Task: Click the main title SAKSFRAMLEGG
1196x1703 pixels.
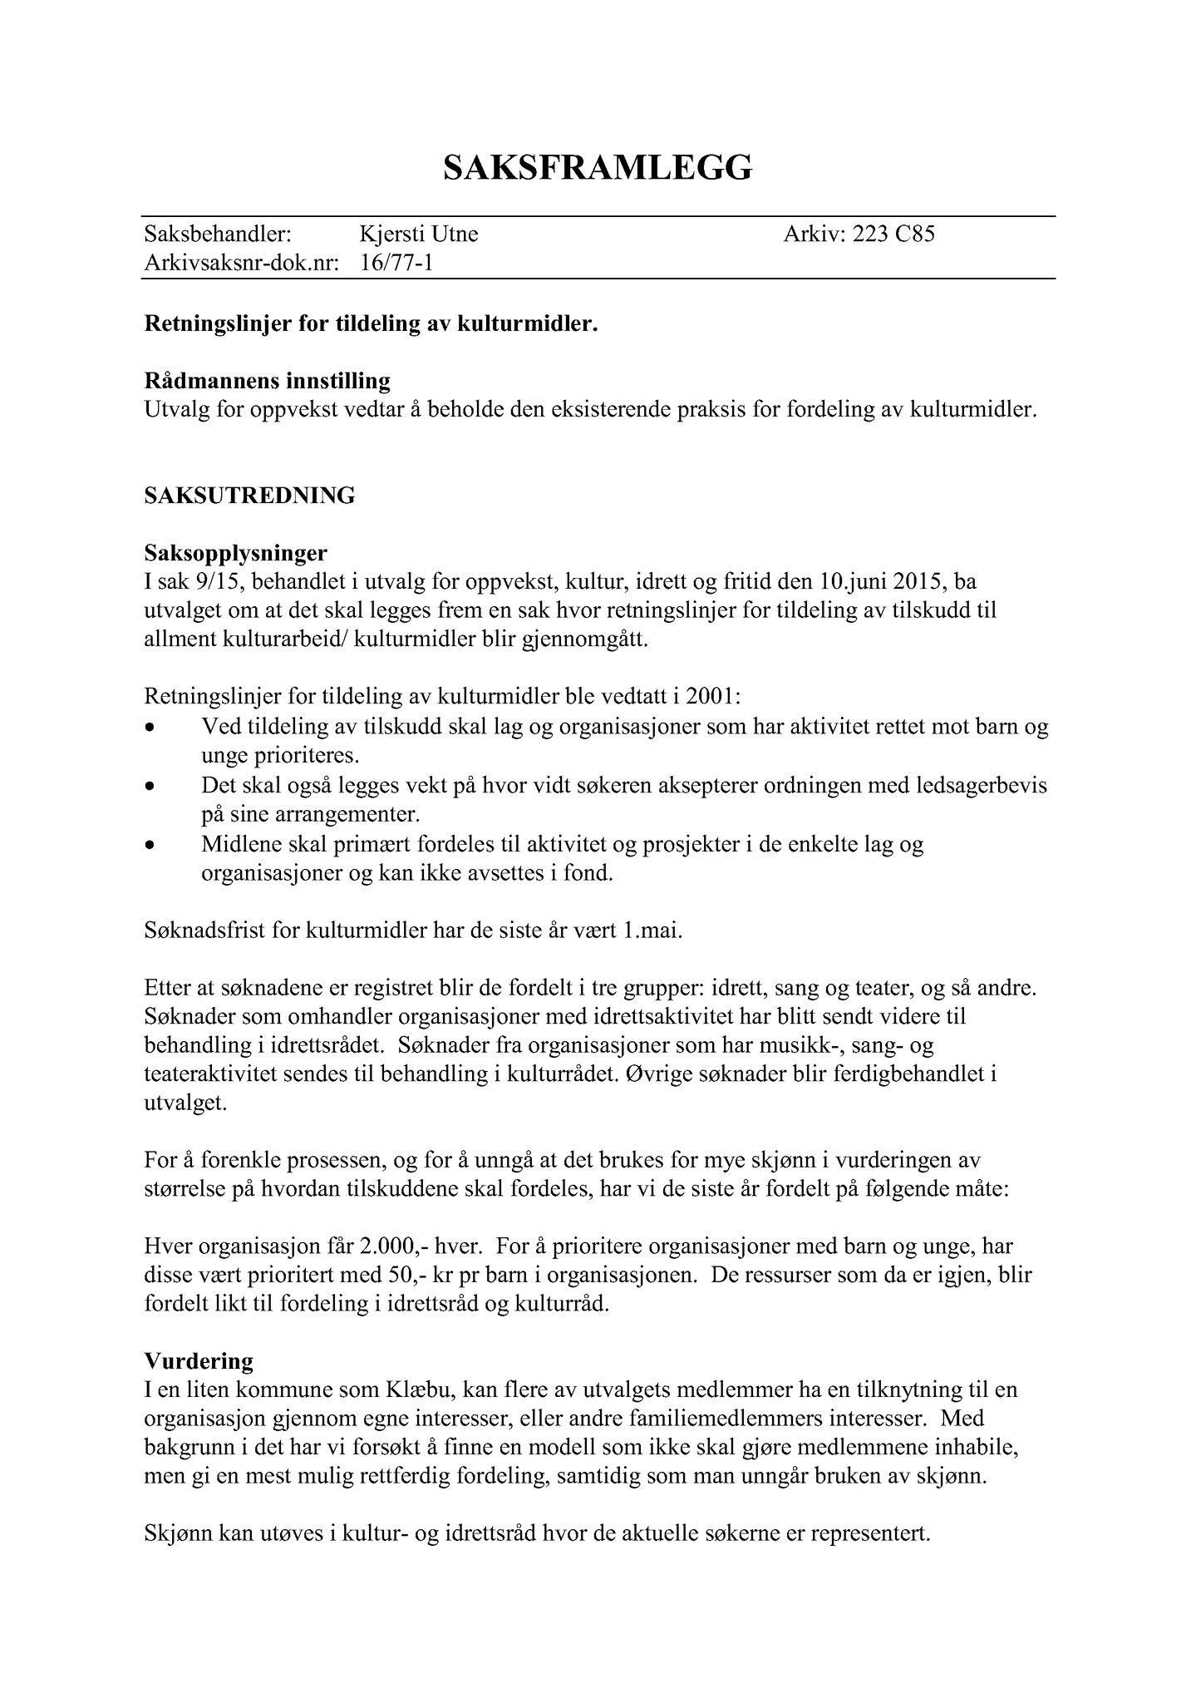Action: pyautogui.click(x=598, y=168)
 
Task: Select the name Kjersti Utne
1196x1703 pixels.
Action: pyautogui.click(x=419, y=234)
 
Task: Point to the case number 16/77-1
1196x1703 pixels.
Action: pyautogui.click(x=397, y=264)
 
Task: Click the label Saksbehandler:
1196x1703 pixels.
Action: pyautogui.click(x=218, y=234)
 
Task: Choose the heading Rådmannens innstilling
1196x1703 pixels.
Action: pyautogui.click(x=268, y=382)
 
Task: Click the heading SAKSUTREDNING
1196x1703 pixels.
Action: pyautogui.click(x=249, y=496)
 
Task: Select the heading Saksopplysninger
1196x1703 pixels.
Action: pyautogui.click(x=236, y=553)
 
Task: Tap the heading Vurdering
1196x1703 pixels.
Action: pyautogui.click(x=199, y=1361)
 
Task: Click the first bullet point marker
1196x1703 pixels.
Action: pyautogui.click(x=150, y=727)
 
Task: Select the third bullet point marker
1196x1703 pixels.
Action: pyautogui.click(x=150, y=845)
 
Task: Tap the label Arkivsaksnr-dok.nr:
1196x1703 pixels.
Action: pyautogui.click(x=242, y=264)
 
